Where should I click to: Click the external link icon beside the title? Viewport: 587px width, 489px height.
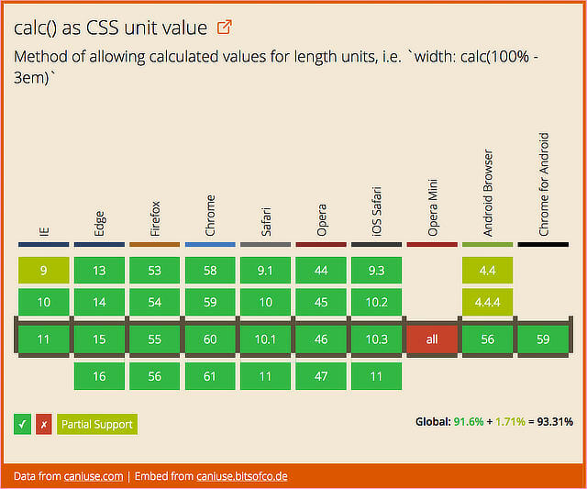(x=225, y=28)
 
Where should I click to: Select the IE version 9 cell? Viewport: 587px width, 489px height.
(x=43, y=270)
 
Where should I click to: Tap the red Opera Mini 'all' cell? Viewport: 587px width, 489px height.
(x=432, y=339)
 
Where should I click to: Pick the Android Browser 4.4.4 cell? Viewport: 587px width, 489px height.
(x=487, y=302)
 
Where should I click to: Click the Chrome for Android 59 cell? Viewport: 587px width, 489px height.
(x=543, y=339)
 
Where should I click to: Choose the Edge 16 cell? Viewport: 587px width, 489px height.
(x=99, y=375)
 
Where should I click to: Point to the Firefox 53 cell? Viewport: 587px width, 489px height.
(x=154, y=270)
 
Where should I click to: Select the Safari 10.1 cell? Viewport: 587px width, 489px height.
(x=265, y=339)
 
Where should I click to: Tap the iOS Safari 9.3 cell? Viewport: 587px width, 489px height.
(x=376, y=270)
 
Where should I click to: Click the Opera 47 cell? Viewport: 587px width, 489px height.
(x=321, y=375)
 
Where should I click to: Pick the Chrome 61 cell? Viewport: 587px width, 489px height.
(x=210, y=375)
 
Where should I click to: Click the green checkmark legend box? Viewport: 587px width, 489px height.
(x=23, y=424)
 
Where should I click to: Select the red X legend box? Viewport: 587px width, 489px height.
(x=43, y=424)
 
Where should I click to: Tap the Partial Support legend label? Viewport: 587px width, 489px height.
(x=96, y=424)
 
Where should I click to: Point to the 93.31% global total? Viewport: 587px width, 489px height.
(x=555, y=422)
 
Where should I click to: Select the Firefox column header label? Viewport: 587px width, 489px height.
(x=154, y=218)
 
